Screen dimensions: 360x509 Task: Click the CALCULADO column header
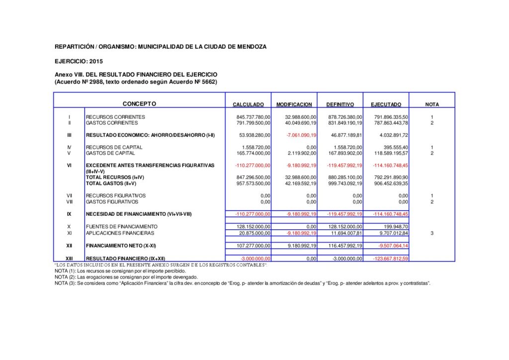pyautogui.click(x=249, y=104)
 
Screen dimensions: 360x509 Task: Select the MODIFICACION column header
pyautogui.click(x=294, y=104)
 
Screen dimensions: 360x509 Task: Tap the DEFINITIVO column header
pyautogui.click(x=340, y=104)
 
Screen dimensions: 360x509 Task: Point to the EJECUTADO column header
pyautogui.click(x=386, y=104)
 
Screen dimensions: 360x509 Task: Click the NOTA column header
pyautogui.click(x=432, y=104)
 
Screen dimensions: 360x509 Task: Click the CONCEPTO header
pyautogui.click(x=139, y=104)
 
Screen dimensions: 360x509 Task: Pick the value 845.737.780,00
pyautogui.click(x=254, y=117)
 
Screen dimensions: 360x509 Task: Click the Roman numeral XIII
pyautogui.click(x=69, y=259)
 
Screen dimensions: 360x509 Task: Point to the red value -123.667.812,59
pyautogui.click(x=390, y=259)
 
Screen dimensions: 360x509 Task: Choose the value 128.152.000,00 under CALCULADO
pyautogui.click(x=254, y=227)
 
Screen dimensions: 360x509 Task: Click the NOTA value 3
pyautogui.click(x=432, y=233)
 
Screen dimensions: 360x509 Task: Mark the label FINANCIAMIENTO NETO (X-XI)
pyautogui.click(x=121, y=246)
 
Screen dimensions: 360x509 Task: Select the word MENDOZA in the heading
pyautogui.click(x=251, y=46)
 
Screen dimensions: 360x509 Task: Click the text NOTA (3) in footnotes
pyautogui.click(x=65, y=283)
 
